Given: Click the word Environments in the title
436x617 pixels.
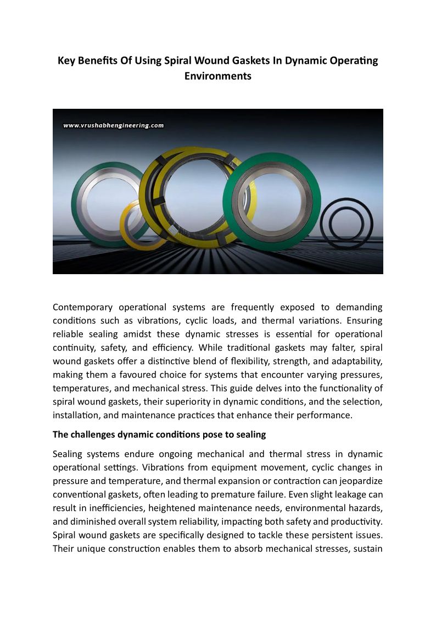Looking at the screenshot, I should [218, 76].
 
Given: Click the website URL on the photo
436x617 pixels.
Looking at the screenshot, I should [114, 125].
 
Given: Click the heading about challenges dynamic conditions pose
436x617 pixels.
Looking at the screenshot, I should [159, 435].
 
